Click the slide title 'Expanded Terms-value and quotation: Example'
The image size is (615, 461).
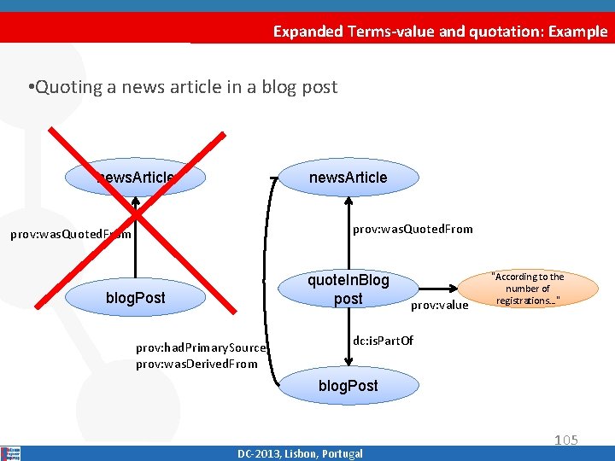[440, 32]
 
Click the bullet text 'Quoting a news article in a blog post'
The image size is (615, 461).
[182, 87]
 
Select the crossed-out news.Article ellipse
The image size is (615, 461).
[137, 178]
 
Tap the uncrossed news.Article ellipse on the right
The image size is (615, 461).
[348, 178]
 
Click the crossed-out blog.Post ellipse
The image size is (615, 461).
[135, 298]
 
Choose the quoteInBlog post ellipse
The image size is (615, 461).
[348, 289]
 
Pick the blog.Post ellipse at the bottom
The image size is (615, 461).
[348, 386]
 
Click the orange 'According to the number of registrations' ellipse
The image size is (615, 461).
[527, 289]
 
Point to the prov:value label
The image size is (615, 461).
[440, 305]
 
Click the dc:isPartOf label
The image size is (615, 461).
[383, 341]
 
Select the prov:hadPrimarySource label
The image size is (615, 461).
[202, 347]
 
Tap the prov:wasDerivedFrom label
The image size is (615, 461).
[196, 364]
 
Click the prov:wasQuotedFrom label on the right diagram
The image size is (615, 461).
[413, 229]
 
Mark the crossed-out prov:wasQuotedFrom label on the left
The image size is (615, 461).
[70, 234]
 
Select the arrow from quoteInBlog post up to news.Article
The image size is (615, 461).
[348, 230]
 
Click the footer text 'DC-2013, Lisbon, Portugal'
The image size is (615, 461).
[300, 453]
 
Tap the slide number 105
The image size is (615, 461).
[565, 440]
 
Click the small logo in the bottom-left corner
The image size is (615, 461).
[10, 452]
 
